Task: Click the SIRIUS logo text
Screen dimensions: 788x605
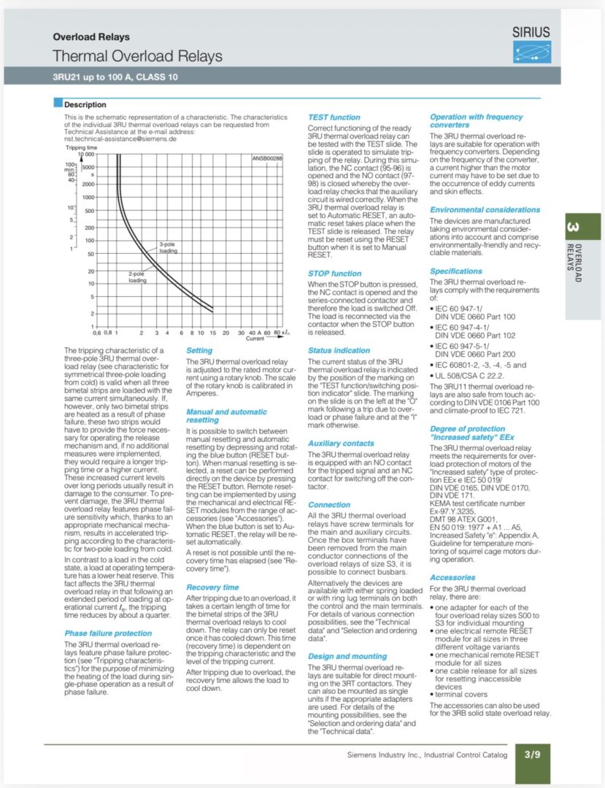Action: pos(531,32)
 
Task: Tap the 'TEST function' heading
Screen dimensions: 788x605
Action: pos(334,117)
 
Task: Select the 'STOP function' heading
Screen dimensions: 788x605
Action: pos(334,274)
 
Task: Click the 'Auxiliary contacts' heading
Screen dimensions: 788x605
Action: pos(342,444)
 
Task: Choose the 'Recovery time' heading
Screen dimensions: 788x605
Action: pos(212,587)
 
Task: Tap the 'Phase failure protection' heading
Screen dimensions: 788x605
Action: pos(108,634)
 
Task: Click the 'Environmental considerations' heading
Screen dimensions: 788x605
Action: pos(485,210)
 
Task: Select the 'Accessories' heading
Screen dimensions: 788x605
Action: pos(452,578)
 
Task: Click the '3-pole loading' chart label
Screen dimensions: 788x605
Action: pos(168,247)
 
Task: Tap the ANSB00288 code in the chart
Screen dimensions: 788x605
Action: pos(267,158)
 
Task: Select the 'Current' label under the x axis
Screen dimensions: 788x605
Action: pos(255,339)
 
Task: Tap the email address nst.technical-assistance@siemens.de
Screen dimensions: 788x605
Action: pos(120,138)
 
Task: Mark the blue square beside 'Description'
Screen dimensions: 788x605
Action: pos(58,104)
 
